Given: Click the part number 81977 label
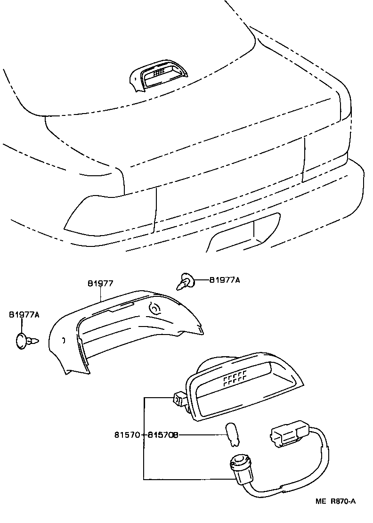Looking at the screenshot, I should pos(100,283).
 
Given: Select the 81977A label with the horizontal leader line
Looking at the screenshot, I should pos(225,280).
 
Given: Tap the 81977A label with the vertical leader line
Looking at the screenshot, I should pos(23,314).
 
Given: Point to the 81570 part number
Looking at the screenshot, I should pos(127,435).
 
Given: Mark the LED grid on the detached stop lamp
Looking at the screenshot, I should pos(235,378).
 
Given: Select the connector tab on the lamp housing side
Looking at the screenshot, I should pos(179,400).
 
